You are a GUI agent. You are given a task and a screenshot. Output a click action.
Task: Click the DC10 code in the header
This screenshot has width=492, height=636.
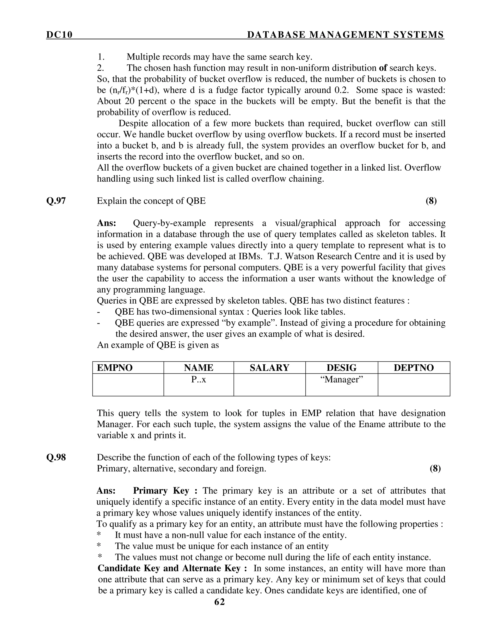click(59, 35)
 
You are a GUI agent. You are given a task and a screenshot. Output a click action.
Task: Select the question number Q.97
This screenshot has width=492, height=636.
click(56, 201)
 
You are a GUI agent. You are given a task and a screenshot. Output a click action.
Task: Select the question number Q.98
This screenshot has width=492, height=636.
click(56, 457)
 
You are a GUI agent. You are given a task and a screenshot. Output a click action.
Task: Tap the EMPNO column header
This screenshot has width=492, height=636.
click(115, 368)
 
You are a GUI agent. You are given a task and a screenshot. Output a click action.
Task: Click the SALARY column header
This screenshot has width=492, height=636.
click(269, 368)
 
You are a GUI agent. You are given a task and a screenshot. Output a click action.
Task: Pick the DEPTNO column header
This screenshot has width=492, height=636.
click(414, 368)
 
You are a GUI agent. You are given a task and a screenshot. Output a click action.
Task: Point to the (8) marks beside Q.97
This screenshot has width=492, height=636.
click(431, 201)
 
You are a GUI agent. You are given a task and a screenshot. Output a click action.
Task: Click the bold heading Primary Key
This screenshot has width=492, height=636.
click(165, 491)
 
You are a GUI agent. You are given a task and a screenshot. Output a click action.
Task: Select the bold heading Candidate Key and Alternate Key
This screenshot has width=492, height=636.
click(172, 568)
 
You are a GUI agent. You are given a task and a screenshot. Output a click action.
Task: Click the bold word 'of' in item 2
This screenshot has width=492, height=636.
click(383, 68)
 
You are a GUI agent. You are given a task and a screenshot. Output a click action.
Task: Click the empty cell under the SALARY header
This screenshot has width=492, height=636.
click(269, 385)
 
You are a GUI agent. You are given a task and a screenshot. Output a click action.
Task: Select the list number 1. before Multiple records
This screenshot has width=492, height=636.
click(101, 57)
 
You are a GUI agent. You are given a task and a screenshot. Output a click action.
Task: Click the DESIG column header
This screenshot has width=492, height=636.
click(341, 368)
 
